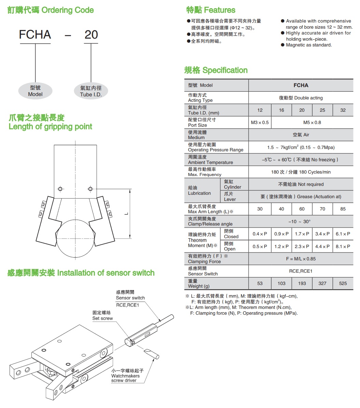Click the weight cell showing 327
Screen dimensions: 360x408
pos(322,283)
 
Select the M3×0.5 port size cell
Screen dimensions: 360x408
pos(260,123)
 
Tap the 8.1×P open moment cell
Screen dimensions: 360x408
pos(343,246)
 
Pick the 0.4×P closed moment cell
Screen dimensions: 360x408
pos(260,234)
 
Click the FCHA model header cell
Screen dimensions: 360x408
pos(301,85)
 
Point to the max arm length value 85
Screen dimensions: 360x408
pos(343,209)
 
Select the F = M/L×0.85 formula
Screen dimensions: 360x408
pos(301,259)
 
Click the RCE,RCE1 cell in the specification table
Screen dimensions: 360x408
pos(301,271)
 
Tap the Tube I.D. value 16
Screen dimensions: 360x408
pos(281,110)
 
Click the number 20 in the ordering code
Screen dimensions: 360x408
pos(91,35)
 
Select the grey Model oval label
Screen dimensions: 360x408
pos(36,91)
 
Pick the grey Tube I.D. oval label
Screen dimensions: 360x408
pos(91,91)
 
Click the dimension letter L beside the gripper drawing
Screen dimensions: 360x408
pos(126,214)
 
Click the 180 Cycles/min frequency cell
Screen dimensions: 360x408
pos(301,172)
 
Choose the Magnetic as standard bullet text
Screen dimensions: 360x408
pos(309,45)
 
